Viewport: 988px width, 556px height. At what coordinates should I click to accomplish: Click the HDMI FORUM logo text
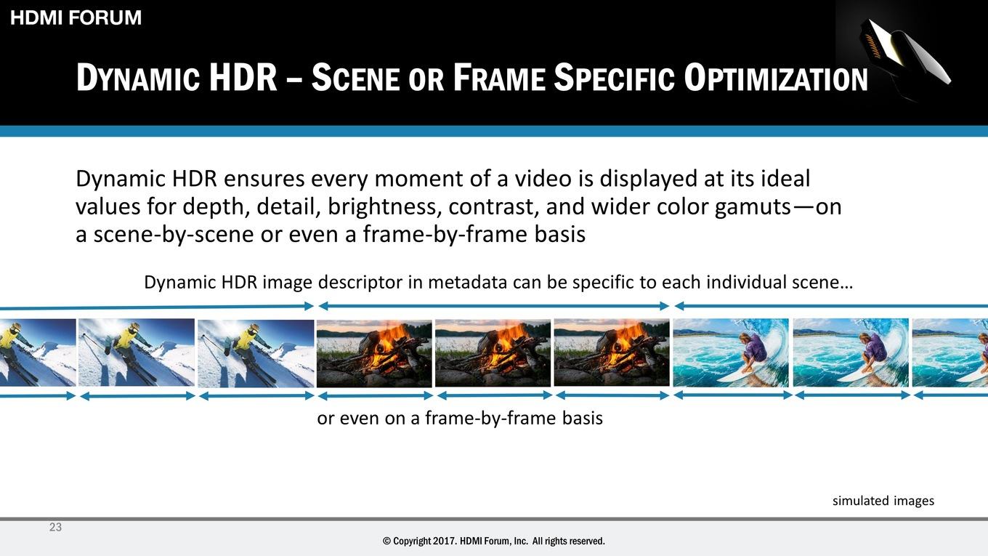76,17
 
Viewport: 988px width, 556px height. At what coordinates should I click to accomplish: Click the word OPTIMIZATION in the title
776,78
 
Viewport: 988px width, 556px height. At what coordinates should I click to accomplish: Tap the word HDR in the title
243,78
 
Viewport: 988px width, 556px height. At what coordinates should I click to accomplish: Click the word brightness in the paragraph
384,206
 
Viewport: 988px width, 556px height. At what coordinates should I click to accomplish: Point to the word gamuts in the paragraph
753,207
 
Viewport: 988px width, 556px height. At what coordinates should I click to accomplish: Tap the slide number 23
55,527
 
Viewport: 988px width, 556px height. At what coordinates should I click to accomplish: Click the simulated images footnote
883,501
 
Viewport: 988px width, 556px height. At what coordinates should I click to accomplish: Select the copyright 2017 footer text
494,541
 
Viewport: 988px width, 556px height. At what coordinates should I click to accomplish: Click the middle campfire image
493,353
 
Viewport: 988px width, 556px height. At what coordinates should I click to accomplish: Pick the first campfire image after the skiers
374,353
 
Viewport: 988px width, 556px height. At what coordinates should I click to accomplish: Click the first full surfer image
730,352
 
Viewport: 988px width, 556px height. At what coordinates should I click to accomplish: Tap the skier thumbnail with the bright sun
137,352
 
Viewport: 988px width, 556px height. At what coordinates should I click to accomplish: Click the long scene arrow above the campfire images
493,306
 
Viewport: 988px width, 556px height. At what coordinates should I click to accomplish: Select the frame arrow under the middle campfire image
495,396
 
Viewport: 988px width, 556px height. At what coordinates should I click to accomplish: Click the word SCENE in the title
356,78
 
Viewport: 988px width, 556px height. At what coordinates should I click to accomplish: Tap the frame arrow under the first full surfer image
732,395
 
